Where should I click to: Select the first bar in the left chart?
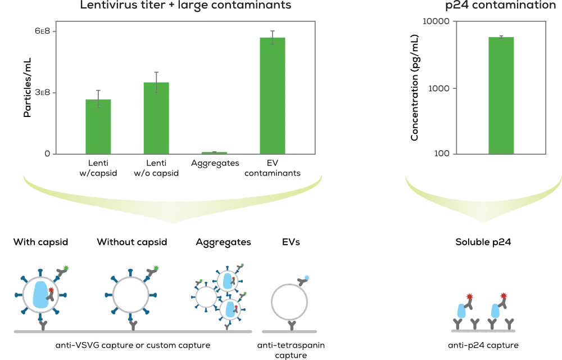point(98,126)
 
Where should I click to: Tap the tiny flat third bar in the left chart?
point(213,151)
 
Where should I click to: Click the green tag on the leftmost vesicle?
point(67,268)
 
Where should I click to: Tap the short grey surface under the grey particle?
point(290,333)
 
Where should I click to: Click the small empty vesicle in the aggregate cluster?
point(206,298)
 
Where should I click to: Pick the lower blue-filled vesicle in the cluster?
point(230,309)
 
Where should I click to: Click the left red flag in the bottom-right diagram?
point(470,296)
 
